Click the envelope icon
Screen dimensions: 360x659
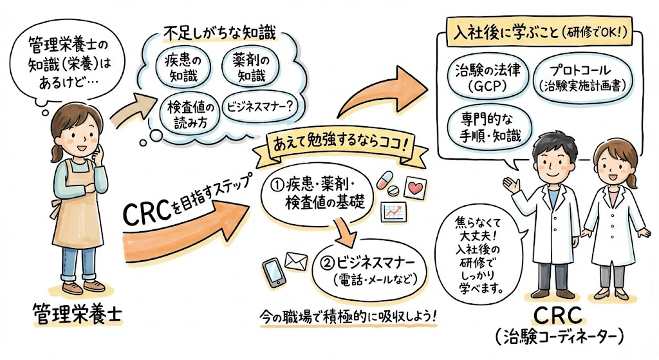pyautogui.click(x=297, y=261)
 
